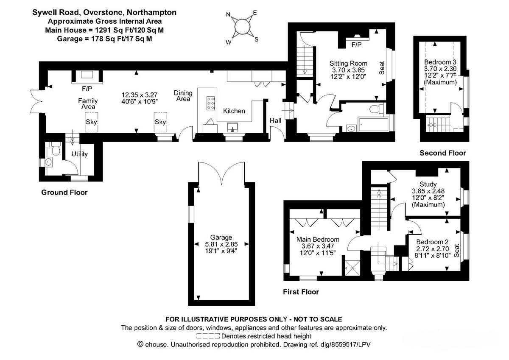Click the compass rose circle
click(242, 27)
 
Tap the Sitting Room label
click(348, 63)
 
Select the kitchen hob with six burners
click(211, 103)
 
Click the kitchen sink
click(232, 127)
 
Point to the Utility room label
click(80, 154)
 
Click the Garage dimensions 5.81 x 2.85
click(221, 244)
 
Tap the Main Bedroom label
click(318, 240)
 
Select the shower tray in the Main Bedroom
click(352, 268)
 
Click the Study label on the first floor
click(428, 184)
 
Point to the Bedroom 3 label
click(440, 62)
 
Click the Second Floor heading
click(443, 153)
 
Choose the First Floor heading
click(301, 292)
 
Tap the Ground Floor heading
click(64, 193)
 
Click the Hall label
click(275, 120)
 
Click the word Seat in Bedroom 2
click(456, 250)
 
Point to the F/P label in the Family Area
click(87, 89)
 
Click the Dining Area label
click(183, 96)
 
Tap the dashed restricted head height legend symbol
click(208, 336)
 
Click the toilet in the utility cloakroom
click(56, 149)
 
